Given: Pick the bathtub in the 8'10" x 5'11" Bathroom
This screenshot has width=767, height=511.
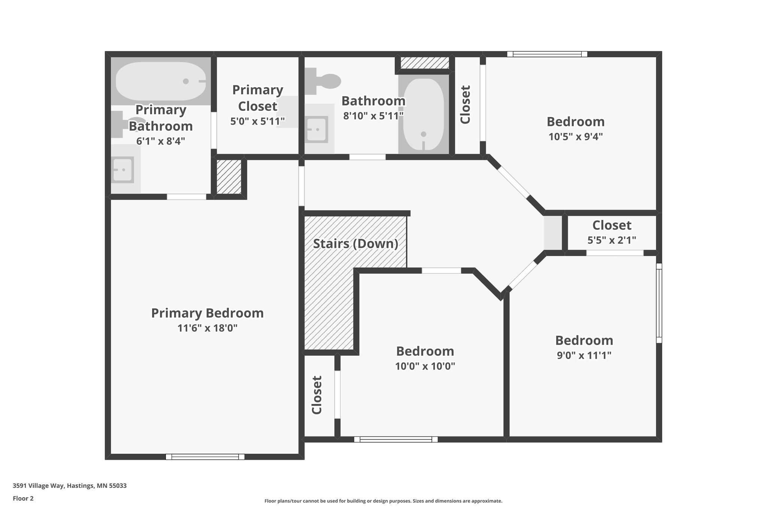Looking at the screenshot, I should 423,114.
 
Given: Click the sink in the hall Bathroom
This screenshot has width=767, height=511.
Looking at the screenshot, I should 317,129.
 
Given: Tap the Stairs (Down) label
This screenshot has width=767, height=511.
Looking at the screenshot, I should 355,244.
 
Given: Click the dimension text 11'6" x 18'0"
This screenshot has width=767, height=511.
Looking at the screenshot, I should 207,328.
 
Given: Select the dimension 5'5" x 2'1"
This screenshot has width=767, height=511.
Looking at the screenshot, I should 611,240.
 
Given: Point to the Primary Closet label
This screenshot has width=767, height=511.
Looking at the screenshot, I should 258,98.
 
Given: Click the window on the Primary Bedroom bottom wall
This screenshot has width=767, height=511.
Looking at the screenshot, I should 205,456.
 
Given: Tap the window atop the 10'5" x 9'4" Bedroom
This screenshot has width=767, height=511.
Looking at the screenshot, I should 547,54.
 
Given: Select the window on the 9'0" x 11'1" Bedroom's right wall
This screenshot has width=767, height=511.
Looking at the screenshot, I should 659,303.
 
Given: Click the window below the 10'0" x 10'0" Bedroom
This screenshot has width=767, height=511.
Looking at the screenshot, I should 395,439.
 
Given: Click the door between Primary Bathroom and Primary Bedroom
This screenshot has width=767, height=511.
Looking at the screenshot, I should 186,197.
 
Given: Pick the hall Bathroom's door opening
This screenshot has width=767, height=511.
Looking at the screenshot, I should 367,157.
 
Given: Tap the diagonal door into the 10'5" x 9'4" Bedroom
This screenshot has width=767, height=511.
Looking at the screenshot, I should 513,182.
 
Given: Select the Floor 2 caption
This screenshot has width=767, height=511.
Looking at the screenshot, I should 23,498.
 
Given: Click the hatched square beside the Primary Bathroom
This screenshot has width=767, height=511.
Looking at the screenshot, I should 229,177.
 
